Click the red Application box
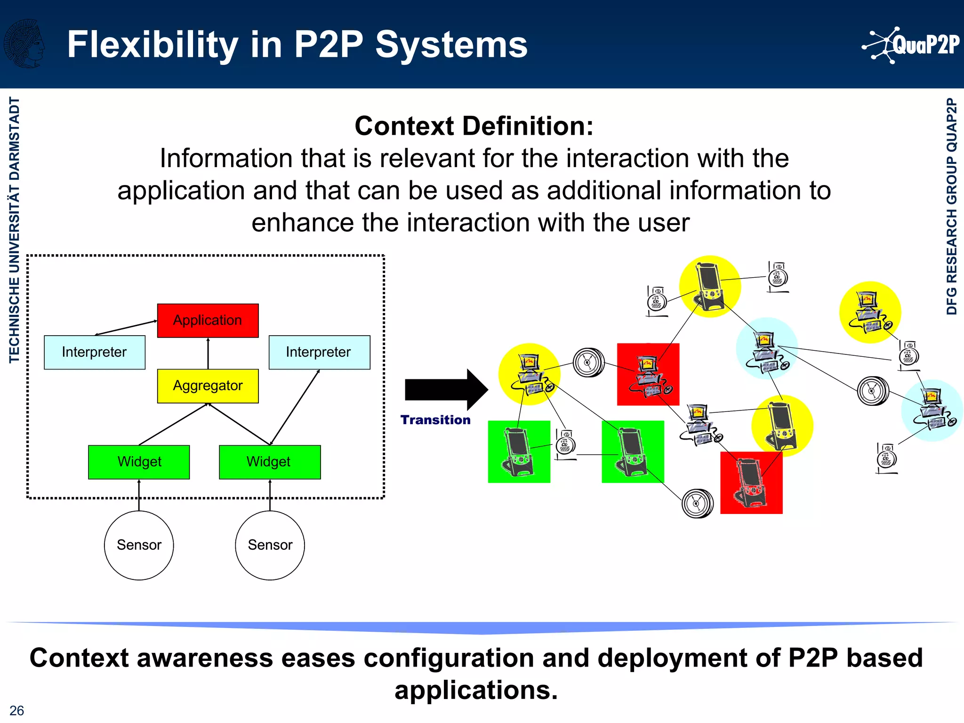point(208,321)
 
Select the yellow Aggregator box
point(208,386)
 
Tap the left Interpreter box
point(94,352)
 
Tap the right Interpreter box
point(319,352)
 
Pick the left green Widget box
point(139,462)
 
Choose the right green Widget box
point(269,462)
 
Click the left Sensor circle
point(139,545)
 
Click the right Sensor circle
point(270,545)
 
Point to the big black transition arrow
point(445,390)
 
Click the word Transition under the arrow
point(435,420)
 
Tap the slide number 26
point(16,710)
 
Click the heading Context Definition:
point(474,126)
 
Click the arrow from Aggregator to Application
point(208,353)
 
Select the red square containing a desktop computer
point(648,374)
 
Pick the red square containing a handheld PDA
point(751,483)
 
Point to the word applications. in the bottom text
point(476,690)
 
